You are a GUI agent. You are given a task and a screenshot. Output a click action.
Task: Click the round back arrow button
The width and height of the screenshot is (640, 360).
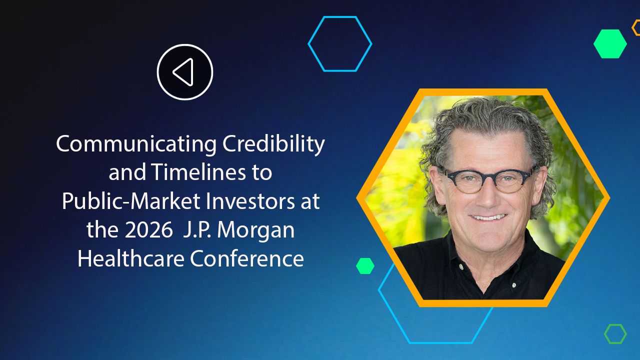[x=185, y=72]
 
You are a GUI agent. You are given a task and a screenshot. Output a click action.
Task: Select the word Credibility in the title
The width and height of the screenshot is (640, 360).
[x=273, y=144]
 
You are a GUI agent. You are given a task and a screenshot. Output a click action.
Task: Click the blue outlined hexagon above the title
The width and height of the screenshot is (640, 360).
[x=340, y=44]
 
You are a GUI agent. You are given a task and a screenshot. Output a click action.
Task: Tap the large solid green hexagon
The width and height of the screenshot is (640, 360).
[x=610, y=44]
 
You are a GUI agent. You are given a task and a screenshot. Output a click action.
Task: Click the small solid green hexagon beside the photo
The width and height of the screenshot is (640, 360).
[x=365, y=266]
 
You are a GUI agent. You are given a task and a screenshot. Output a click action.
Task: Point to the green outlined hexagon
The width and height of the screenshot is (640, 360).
[x=615, y=334]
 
